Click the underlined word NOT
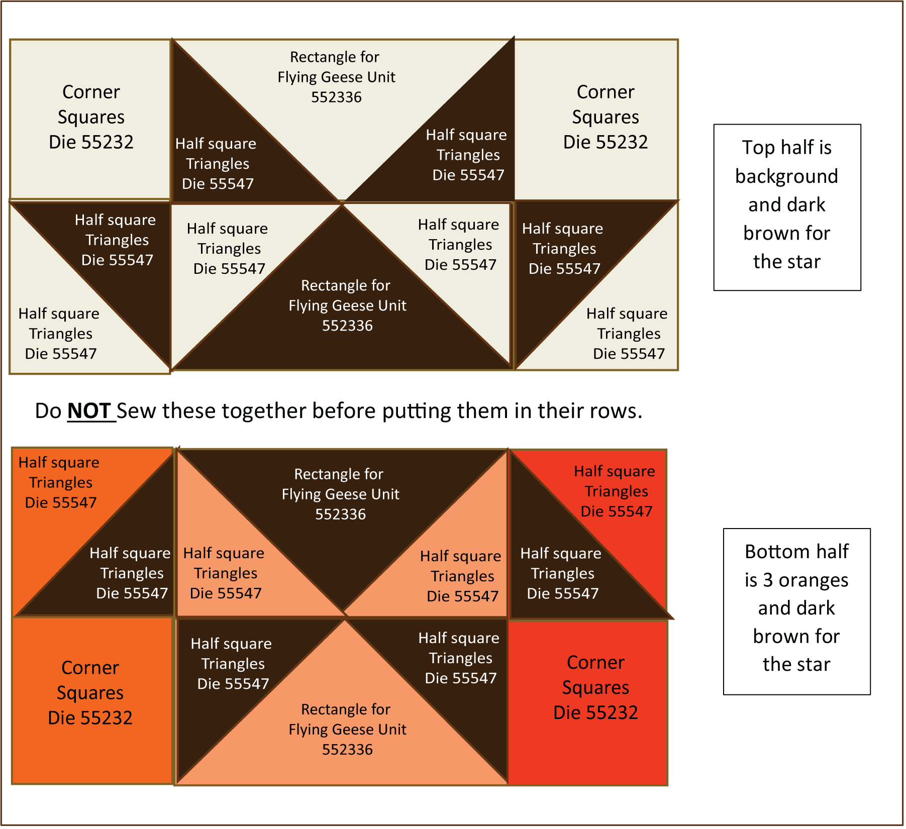(x=89, y=411)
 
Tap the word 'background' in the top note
(x=786, y=176)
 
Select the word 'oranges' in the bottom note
(x=813, y=580)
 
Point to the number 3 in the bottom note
(x=767, y=580)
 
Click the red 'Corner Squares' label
(x=595, y=675)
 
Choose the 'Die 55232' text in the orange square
(x=90, y=718)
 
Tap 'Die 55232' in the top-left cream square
(x=91, y=142)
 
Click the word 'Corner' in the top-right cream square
(x=606, y=92)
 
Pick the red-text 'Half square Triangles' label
(x=615, y=481)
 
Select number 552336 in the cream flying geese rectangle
(x=336, y=97)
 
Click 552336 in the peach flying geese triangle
(x=347, y=750)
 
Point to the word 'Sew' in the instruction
(x=136, y=411)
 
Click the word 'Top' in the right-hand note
(x=758, y=148)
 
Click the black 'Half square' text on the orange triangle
(x=59, y=462)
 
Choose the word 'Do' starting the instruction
(x=48, y=411)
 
